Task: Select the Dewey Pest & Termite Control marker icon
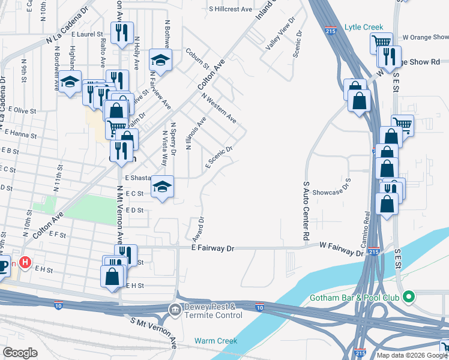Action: (175, 310)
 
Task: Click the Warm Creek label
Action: (215, 341)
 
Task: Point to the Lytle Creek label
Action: (360, 27)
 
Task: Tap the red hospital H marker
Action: (25, 262)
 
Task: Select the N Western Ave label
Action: (219, 108)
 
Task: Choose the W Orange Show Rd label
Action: (426, 37)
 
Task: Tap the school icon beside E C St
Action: (161, 187)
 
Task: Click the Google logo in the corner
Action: (20, 352)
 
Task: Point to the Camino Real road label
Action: (366, 225)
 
